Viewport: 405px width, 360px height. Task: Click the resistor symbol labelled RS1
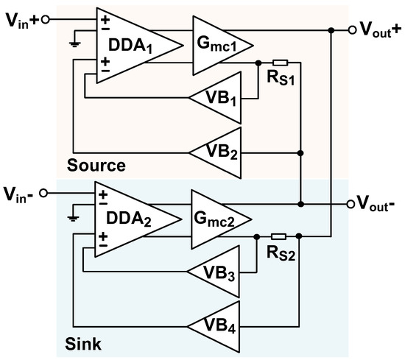279,63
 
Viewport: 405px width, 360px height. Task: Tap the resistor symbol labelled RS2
279,236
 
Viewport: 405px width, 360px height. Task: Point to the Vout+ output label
378,30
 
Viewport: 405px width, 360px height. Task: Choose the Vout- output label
377,203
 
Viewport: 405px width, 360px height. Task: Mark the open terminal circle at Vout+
351,30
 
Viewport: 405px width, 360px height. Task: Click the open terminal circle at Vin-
43,193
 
